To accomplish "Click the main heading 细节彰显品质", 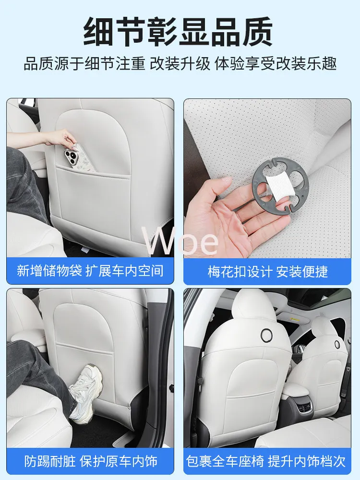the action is (178, 32).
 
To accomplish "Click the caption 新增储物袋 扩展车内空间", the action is (90, 271).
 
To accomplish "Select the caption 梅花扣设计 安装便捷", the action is (267, 271).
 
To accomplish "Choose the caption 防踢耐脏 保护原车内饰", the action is (91, 461).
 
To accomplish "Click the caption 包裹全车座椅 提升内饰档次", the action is (266, 461).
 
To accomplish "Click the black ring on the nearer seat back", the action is (266, 334).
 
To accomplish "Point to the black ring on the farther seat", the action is (337, 344).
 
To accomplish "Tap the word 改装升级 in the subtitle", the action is (180, 64).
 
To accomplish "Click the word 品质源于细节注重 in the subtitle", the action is (84, 64).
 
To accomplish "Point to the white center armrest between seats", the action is (295, 391).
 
